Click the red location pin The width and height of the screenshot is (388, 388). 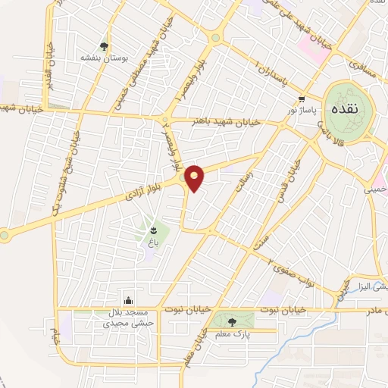click(195, 177)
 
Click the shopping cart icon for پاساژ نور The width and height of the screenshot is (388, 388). click(302, 99)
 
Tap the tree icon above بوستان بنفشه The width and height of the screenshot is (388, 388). click(104, 45)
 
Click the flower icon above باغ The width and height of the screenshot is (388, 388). click(153, 228)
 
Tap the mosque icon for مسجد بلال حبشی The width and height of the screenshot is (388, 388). click(128, 301)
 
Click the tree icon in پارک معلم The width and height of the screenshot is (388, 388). click(233, 321)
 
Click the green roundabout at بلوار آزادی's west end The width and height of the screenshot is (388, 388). click(5, 234)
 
